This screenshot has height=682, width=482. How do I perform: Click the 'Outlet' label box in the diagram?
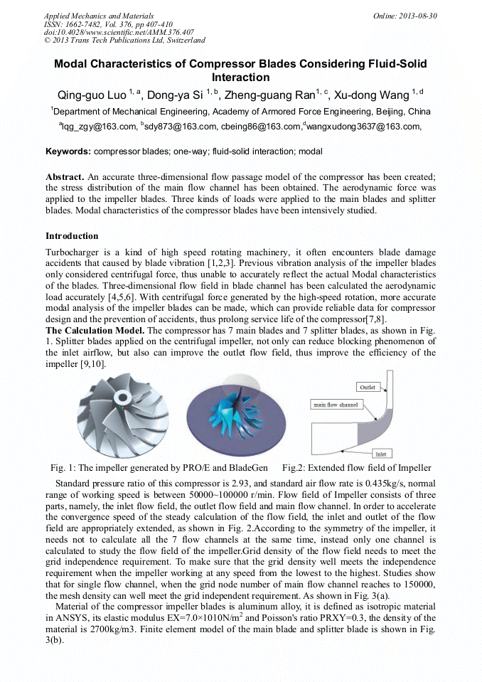point(368,387)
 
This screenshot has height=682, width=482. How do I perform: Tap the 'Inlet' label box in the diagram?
point(382,453)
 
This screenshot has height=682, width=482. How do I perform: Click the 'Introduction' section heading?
point(72,236)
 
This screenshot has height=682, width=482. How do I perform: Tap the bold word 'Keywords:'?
point(68,151)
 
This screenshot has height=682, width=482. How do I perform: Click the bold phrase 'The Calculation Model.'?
point(96,331)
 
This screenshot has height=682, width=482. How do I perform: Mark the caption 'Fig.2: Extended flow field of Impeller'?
point(356,468)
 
